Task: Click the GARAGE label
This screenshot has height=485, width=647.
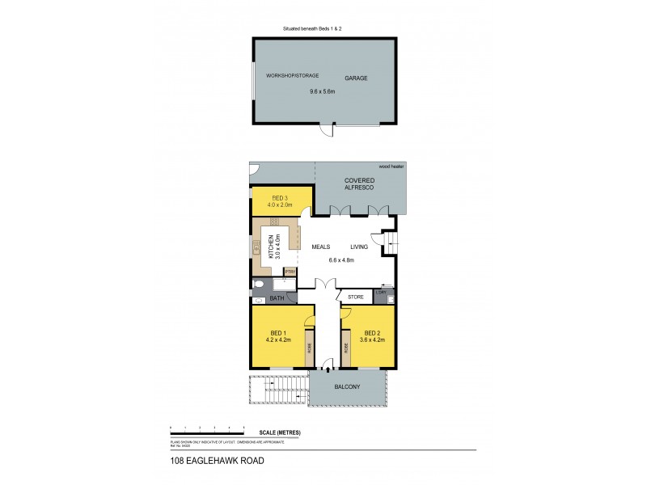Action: [356, 78]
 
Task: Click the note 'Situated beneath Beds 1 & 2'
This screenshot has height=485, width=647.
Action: [323, 28]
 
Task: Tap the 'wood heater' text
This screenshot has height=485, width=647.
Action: [392, 166]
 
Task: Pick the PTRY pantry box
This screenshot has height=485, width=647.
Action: [290, 272]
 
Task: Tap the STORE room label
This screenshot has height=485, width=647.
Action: [355, 297]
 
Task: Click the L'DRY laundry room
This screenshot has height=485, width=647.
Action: [391, 292]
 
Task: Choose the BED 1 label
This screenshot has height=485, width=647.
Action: [276, 332]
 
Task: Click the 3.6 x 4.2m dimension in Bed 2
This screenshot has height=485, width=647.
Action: [372, 339]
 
